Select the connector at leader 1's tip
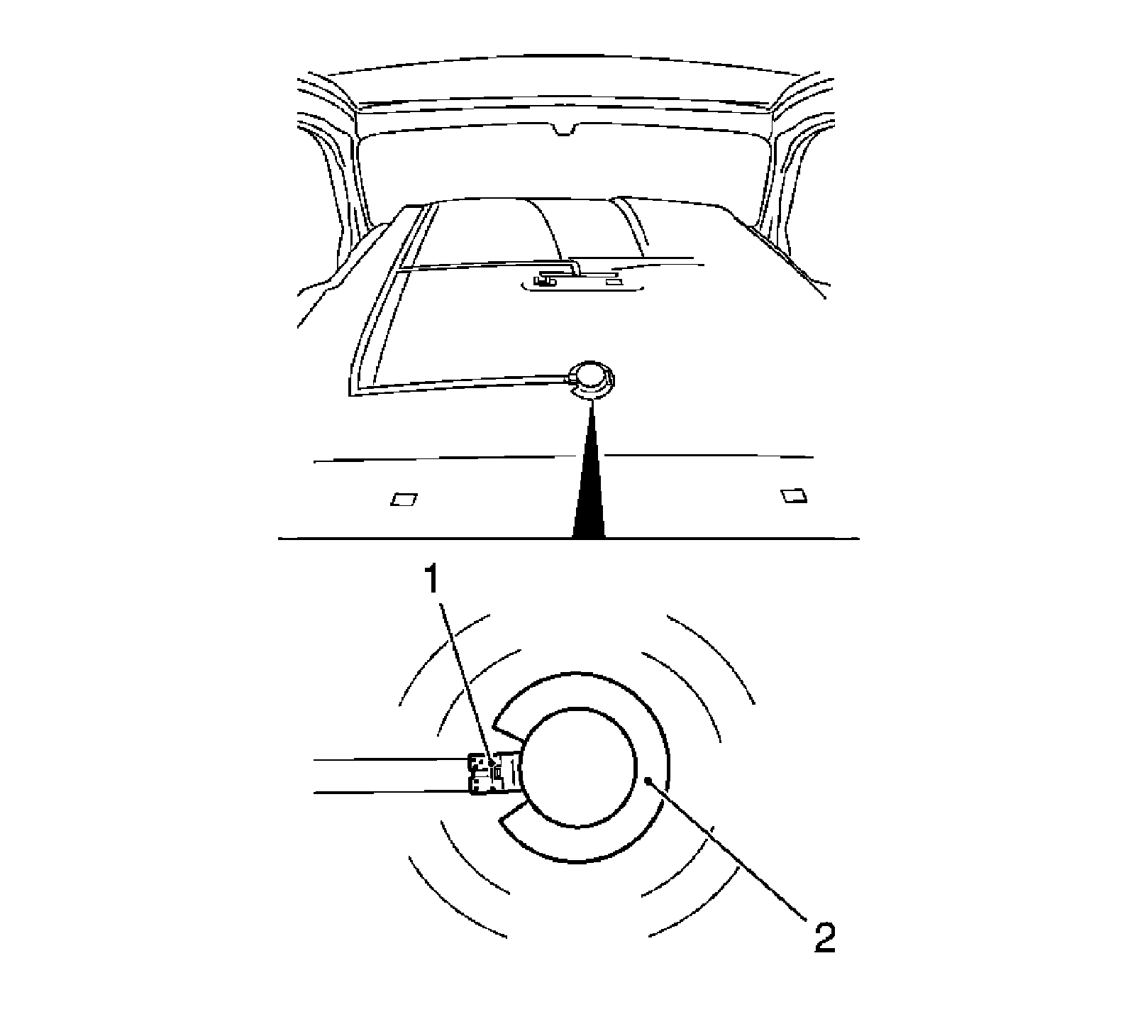[x=493, y=771]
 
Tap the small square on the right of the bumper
[x=793, y=495]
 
